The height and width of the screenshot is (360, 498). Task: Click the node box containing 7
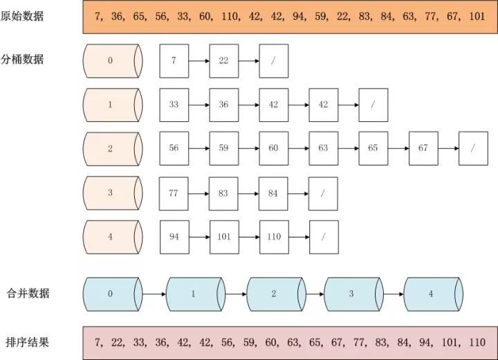(x=174, y=61)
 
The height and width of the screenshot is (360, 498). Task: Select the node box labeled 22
(x=223, y=61)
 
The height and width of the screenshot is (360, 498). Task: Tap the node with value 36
(x=223, y=105)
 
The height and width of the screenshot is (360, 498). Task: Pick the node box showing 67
(x=423, y=149)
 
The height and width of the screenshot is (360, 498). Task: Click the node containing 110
(x=274, y=237)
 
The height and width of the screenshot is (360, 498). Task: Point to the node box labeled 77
(x=174, y=193)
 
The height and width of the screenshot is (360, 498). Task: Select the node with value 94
(x=174, y=237)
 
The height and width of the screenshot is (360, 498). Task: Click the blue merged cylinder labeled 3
(x=352, y=294)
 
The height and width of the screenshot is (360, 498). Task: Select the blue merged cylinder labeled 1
(x=194, y=294)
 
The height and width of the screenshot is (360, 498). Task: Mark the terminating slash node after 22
(x=273, y=61)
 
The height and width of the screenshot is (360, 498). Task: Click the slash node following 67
(x=472, y=149)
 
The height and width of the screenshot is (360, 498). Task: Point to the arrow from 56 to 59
(x=199, y=149)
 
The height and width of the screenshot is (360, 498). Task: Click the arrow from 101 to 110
(x=248, y=237)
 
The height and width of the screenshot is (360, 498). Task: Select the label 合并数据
(x=28, y=294)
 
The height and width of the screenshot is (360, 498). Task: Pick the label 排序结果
(x=28, y=343)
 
